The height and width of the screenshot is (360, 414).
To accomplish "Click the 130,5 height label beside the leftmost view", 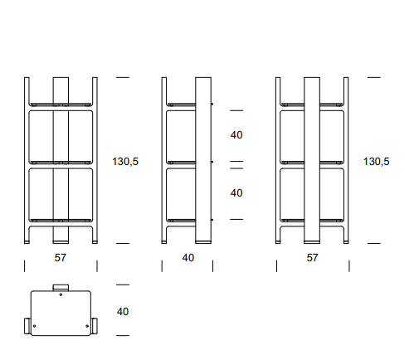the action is (125, 162).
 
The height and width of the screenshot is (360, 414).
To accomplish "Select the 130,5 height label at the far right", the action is (376, 162).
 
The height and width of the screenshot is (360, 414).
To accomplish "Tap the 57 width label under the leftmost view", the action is (61, 258).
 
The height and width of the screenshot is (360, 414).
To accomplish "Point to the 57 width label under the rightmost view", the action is (312, 258).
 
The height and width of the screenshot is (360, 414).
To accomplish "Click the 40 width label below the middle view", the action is (188, 258).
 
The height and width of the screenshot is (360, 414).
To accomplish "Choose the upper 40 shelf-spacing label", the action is (236, 135).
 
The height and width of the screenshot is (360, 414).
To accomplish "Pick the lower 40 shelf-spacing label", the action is (236, 193).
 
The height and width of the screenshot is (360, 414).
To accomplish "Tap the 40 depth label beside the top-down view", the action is (123, 312).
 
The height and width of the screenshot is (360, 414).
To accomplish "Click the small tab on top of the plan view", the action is (61, 288).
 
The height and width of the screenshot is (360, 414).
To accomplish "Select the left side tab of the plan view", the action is (27, 326).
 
